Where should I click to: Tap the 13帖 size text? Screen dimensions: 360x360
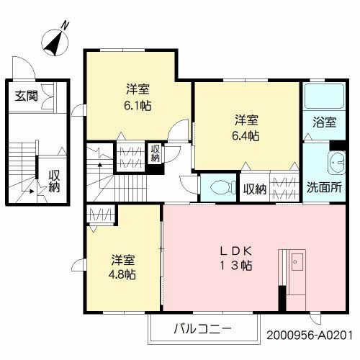coord(236,265)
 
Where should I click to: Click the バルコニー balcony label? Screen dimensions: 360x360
coord(202,329)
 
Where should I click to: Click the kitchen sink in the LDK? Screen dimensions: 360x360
coord(297,264)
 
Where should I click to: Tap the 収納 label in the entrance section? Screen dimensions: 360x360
coord(53,180)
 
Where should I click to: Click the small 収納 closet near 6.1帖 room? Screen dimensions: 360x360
coord(155,153)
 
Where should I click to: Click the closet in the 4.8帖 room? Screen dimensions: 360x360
coord(99,215)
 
